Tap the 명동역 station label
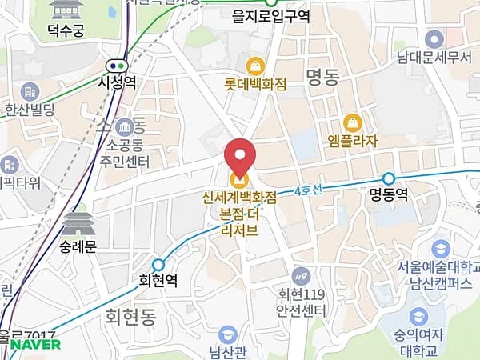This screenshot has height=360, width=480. tap(390, 194)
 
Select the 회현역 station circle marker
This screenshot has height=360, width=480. tap(158, 265)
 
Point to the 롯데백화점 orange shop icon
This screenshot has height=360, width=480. tap(255, 65)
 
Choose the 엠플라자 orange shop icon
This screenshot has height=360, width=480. tap(352, 122)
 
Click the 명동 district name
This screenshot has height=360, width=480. tap(324, 76)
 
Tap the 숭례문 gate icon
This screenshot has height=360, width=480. tap(78, 223)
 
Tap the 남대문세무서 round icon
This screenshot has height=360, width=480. tap(434, 38)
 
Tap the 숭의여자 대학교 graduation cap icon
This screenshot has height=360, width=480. tap(418, 317)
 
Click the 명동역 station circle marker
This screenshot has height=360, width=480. tap(389, 178)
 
